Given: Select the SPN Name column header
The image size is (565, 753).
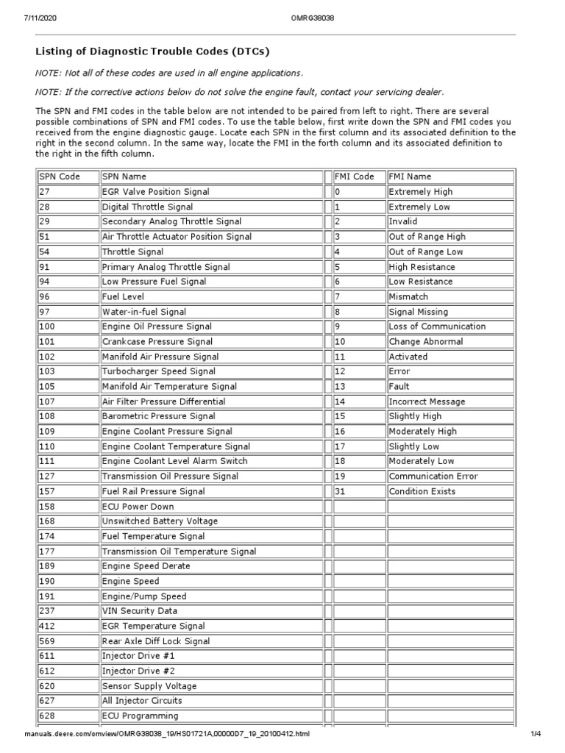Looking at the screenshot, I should point(124,176).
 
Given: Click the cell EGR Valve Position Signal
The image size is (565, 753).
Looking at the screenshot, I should point(155,192).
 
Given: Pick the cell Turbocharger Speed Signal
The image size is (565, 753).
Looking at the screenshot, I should point(158,371).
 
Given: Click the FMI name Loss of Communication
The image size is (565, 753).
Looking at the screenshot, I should point(437,326).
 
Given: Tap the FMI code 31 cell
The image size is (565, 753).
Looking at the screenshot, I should point(341,491).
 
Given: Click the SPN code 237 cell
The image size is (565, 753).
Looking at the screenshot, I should point(48,611).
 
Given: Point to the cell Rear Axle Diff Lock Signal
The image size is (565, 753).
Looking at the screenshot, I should point(155,641).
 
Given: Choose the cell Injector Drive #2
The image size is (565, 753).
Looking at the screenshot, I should point(139,671).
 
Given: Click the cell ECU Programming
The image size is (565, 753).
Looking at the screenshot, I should point(140,715).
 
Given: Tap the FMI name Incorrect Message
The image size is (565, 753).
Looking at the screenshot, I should point(427,402).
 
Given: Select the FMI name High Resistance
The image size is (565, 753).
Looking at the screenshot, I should point(422,267).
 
